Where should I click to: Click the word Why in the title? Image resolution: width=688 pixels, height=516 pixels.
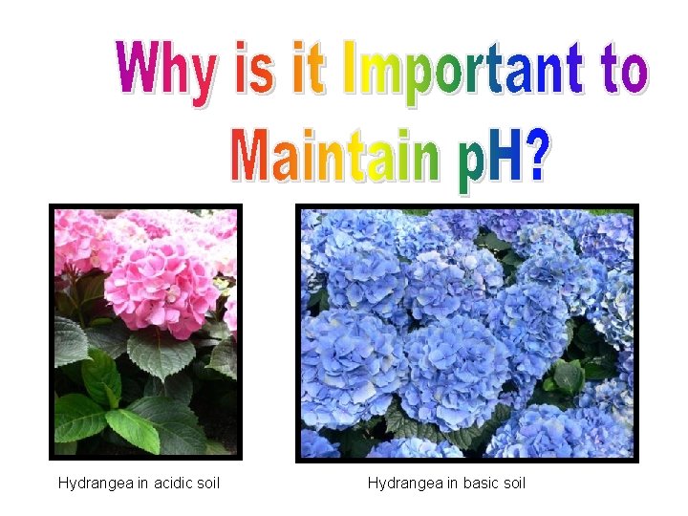[x=164, y=69]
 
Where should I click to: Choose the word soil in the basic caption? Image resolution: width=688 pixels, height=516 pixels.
[x=511, y=484]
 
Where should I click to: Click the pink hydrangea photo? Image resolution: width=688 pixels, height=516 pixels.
[x=145, y=332]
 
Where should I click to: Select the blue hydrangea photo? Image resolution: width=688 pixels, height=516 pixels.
[x=466, y=333]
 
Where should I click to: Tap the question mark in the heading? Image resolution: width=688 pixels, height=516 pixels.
[x=537, y=156]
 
